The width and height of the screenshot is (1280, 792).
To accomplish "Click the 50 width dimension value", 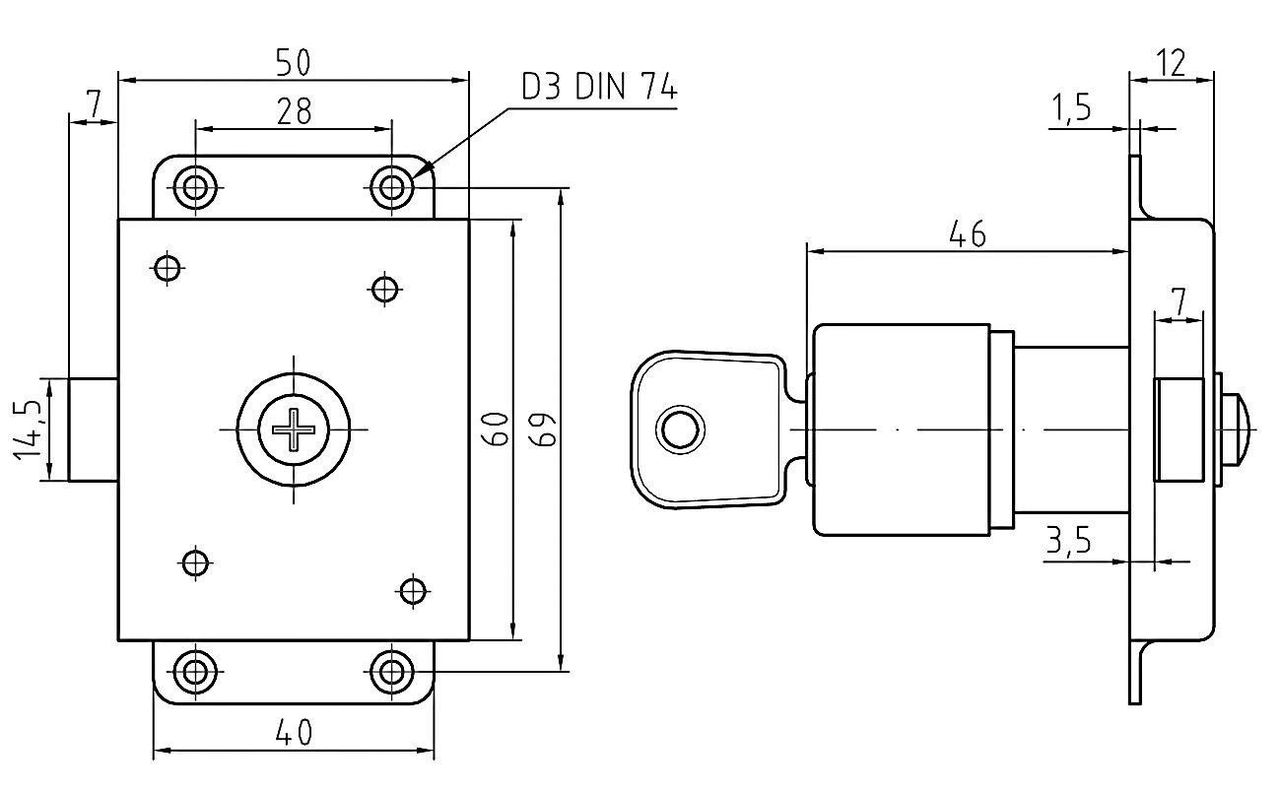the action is (x=293, y=62).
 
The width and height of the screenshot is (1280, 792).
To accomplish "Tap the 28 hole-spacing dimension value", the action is (x=295, y=111).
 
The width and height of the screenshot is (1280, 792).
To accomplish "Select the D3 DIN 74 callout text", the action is (x=599, y=87).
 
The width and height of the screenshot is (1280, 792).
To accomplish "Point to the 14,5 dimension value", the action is (x=28, y=429).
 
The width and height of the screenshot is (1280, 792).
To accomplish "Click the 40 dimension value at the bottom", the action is (x=295, y=733).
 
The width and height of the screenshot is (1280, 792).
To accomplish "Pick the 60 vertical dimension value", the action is (x=495, y=429).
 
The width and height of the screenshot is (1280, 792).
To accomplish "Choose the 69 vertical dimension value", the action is (x=543, y=429).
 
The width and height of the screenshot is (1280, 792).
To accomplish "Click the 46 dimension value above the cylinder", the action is (x=968, y=234).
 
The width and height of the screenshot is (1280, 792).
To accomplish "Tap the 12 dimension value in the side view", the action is (x=1171, y=63).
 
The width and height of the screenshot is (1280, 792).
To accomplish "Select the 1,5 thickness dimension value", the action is (x=1071, y=108).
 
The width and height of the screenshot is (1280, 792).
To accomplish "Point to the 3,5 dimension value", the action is (x=1067, y=540).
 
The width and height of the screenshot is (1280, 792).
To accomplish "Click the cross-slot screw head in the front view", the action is (x=294, y=429).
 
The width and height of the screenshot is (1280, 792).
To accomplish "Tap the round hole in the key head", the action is (x=680, y=429).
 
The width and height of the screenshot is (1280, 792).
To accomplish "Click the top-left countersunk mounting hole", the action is (x=195, y=187).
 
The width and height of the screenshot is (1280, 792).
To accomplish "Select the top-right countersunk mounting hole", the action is (x=391, y=187).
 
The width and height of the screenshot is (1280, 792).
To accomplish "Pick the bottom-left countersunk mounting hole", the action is (x=195, y=672).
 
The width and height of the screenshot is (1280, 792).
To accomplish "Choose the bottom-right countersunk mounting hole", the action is (x=391, y=672).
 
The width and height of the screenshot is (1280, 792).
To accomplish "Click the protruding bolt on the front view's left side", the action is (x=94, y=429).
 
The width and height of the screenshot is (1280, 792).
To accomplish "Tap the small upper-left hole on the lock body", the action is (x=168, y=267).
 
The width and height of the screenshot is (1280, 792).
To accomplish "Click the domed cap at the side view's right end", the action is (x=1239, y=429).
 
